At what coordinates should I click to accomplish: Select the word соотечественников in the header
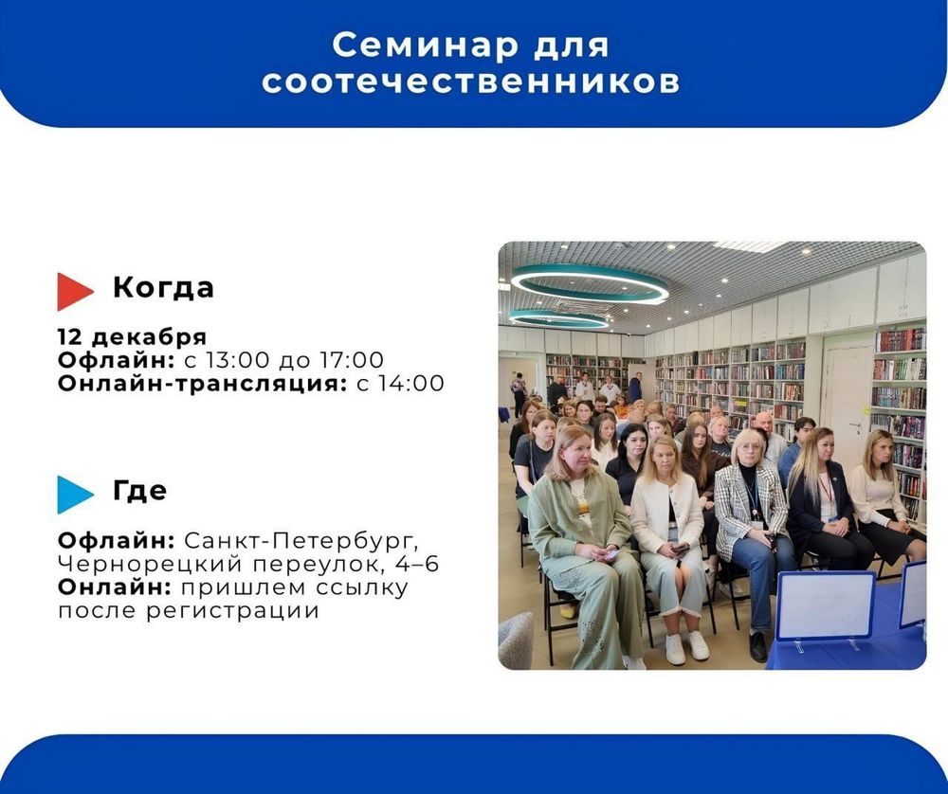(x=471, y=82)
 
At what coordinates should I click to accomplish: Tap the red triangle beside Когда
(x=74, y=291)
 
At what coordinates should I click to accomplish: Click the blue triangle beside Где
(x=74, y=494)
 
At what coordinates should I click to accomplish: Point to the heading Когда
(x=163, y=288)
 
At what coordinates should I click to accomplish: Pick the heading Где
(x=139, y=491)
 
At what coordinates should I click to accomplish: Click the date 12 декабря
(x=132, y=337)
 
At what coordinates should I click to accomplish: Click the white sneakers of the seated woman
(x=686, y=647)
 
